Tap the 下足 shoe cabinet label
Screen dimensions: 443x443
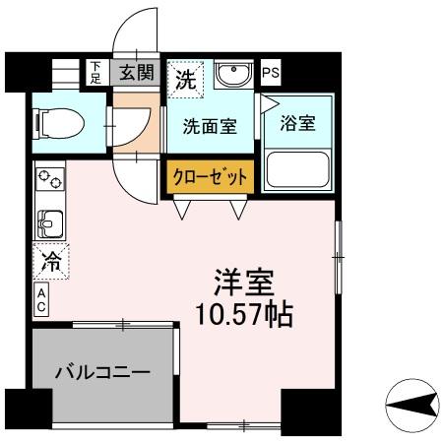coord(95,71)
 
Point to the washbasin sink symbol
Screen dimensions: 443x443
coord(233,75)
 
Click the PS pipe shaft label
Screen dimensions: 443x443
coord(271,72)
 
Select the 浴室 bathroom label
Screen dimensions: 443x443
coord(296,125)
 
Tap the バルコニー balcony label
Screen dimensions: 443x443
coord(102,373)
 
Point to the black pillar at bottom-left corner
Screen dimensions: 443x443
coord(28,411)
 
